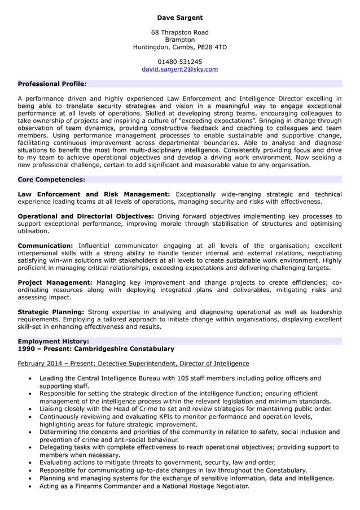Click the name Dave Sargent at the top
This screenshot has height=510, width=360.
tap(179, 18)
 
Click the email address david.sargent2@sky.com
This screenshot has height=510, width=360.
tap(179, 69)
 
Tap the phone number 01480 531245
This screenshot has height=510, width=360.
tap(179, 62)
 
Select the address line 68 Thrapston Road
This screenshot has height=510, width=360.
tap(179, 33)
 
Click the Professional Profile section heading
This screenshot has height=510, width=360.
tap(52, 84)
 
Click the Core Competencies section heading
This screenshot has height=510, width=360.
tap(51, 180)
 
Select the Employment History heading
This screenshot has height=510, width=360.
tap(53, 341)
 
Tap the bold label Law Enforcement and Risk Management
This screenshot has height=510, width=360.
tap(94, 194)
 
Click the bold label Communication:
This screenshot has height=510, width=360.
tap(45, 246)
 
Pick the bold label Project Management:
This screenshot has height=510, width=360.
tap(55, 282)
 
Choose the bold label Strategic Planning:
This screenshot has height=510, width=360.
tap(51, 312)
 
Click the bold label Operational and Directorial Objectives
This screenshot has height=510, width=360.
tap(86, 216)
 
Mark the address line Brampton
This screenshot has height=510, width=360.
tap(179, 40)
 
